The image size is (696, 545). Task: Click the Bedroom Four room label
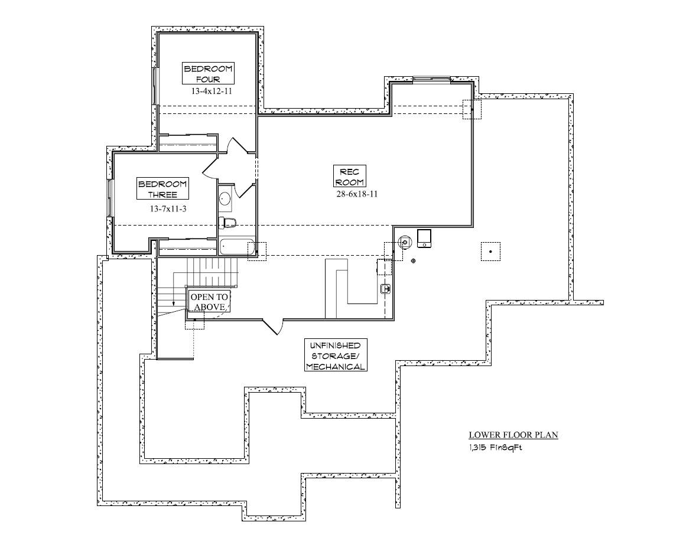[208, 74]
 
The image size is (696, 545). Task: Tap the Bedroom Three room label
[162, 190]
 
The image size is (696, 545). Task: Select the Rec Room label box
[350, 177]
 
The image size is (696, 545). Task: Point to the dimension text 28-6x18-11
[357, 194]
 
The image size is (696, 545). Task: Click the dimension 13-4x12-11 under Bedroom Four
[212, 92]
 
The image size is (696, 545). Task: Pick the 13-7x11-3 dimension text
[168, 208]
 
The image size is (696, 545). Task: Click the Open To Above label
[209, 302]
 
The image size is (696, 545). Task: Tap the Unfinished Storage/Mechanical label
[336, 355]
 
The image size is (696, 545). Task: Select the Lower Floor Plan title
[513, 435]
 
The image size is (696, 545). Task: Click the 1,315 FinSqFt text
[495, 448]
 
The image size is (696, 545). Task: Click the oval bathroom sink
[225, 198]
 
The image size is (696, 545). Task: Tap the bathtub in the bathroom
[237, 247]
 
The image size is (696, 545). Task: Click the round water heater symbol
[404, 242]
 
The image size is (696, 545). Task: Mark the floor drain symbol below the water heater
[413, 261]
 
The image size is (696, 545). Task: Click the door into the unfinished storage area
[272, 327]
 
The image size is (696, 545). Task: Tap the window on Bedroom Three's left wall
[109, 198]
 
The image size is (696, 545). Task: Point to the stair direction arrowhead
[174, 303]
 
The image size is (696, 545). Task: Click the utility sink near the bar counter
[386, 289]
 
